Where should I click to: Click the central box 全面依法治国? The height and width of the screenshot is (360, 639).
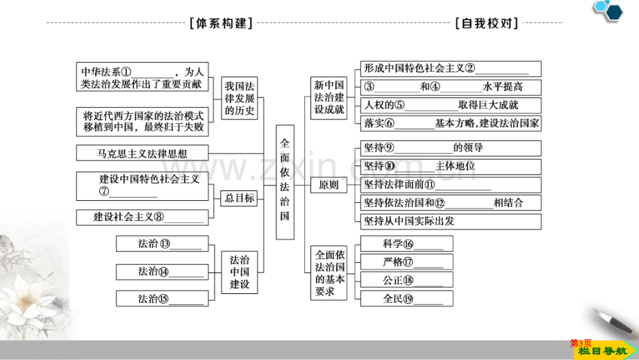pos(285,182)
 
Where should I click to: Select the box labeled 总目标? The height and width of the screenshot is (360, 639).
pos(239,198)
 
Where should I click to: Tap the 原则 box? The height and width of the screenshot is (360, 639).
pos(329,185)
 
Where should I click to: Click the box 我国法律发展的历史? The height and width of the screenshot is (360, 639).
pos(240,98)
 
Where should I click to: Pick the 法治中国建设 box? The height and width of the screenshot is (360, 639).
pos(240,272)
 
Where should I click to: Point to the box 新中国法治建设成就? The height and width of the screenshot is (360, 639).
pos(329,98)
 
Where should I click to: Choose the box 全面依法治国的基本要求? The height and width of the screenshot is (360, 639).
pos(329,272)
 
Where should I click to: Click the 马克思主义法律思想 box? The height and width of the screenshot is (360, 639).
pos(142,154)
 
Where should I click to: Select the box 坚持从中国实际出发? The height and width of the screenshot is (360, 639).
pos(451,222)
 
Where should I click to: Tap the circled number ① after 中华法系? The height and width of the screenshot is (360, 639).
pos(126,72)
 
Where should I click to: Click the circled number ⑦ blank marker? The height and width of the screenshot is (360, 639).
pos(104,191)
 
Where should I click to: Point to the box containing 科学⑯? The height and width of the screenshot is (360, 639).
pos(407,244)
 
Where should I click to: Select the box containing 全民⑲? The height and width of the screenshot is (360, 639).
pos(407,298)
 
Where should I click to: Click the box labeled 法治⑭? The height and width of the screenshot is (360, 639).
pos(163,272)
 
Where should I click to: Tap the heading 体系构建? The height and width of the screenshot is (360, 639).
pos(222,23)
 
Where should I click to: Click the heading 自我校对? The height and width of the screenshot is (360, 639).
pos(487,23)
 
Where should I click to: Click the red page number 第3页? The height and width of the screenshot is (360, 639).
pos(581,343)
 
